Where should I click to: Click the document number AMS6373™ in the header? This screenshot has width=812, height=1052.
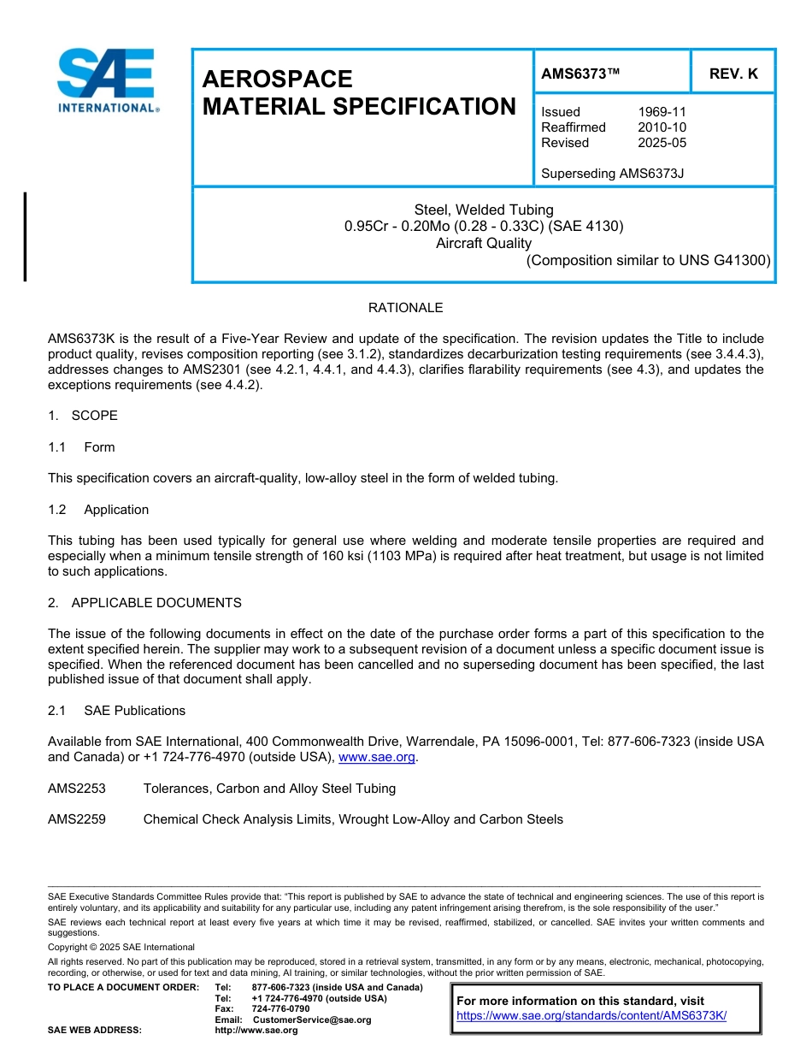click(x=580, y=74)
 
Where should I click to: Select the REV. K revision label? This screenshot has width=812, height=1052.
click(x=733, y=74)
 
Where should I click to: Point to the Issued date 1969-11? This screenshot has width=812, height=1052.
click(x=662, y=112)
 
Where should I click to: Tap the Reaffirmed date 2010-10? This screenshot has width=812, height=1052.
click(x=662, y=127)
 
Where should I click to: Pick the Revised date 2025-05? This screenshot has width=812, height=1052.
click(x=662, y=143)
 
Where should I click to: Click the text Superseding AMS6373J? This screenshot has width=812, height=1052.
click(x=613, y=174)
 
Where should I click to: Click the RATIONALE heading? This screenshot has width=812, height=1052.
click(x=405, y=308)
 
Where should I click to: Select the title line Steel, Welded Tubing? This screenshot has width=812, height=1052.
click(x=484, y=210)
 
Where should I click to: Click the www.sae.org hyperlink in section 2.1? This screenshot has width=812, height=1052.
click(x=377, y=757)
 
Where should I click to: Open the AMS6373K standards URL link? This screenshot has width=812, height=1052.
click(x=591, y=1015)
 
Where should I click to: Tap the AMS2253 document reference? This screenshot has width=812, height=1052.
click(x=77, y=788)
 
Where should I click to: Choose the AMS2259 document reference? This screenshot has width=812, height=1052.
click(x=77, y=819)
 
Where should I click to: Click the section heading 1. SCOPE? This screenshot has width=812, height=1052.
click(x=83, y=416)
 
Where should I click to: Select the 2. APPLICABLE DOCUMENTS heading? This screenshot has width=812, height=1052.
click(x=144, y=603)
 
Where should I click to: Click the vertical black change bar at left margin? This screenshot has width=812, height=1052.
click(x=25, y=237)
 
